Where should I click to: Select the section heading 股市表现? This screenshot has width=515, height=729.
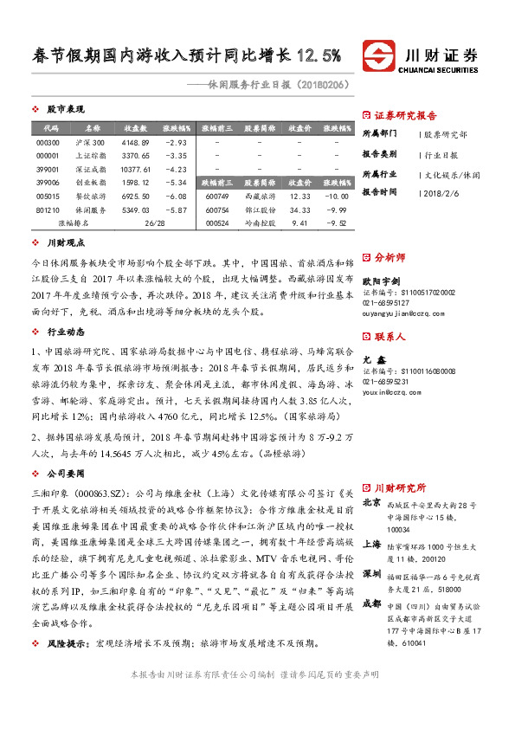[x=65, y=110]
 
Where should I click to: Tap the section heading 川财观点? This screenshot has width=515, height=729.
[x=65, y=245]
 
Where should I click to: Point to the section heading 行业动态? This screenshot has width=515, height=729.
[x=65, y=332]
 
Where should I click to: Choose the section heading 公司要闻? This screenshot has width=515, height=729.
[x=65, y=474]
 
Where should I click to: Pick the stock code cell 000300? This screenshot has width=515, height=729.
[x=49, y=142]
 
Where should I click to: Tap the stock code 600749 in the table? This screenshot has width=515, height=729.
[x=217, y=197]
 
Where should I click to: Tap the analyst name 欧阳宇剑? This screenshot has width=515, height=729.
[x=381, y=281]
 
